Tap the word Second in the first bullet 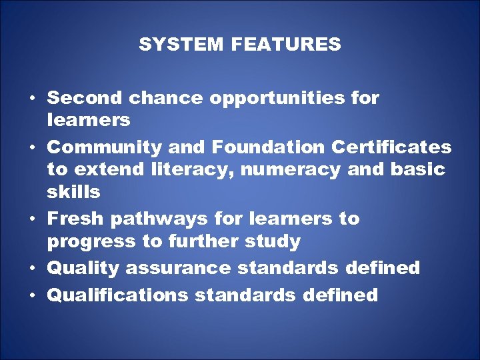point(85,98)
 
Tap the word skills point(73,192)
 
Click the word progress point(90,241)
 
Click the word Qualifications point(118,295)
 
